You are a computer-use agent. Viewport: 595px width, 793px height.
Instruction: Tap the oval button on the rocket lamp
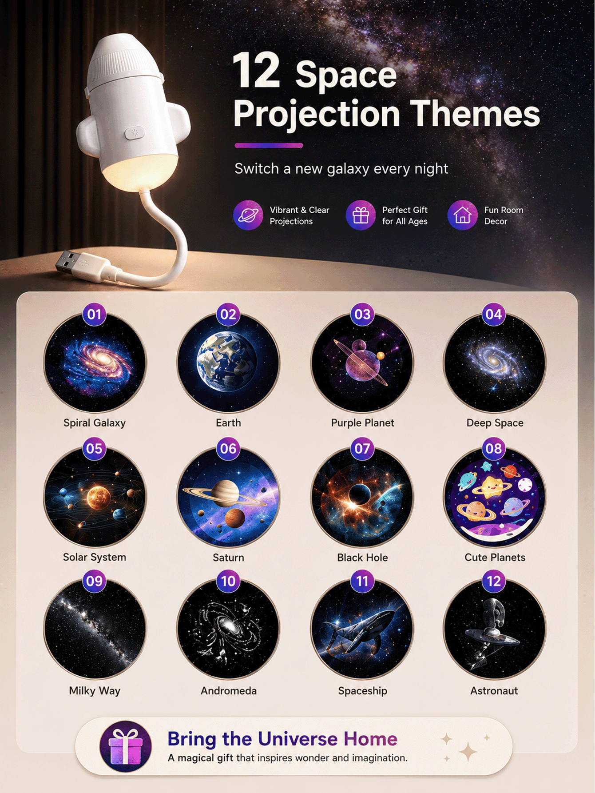tap(135, 133)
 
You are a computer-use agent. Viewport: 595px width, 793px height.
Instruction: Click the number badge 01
tap(95, 315)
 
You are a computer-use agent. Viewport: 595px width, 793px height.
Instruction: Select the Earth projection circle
tap(228, 362)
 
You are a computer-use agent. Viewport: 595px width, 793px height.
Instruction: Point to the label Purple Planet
tap(362, 423)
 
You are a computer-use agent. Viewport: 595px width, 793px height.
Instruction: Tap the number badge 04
tap(494, 315)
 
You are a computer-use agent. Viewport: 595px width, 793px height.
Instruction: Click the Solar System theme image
tap(95, 496)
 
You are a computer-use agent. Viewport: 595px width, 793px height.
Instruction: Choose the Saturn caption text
tap(228, 558)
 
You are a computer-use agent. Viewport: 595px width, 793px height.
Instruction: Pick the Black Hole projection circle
tap(362, 496)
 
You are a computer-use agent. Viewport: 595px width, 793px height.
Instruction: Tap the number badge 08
tap(494, 449)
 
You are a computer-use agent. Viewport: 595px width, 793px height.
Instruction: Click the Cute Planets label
tap(495, 558)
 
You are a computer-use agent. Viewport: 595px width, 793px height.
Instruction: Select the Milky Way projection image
tap(95, 629)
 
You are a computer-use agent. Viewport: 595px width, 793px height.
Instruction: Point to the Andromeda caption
tap(229, 691)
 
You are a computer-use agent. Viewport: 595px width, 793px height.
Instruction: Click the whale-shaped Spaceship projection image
tap(362, 629)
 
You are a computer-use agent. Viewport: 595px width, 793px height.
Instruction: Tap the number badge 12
tap(494, 581)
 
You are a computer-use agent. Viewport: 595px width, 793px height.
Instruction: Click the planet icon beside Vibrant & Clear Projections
tap(248, 215)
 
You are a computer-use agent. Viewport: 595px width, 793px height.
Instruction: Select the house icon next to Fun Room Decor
tap(462, 215)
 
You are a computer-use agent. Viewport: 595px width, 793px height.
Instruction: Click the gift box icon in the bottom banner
tap(126, 746)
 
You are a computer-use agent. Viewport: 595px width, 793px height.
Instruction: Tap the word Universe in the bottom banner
tap(297, 739)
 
